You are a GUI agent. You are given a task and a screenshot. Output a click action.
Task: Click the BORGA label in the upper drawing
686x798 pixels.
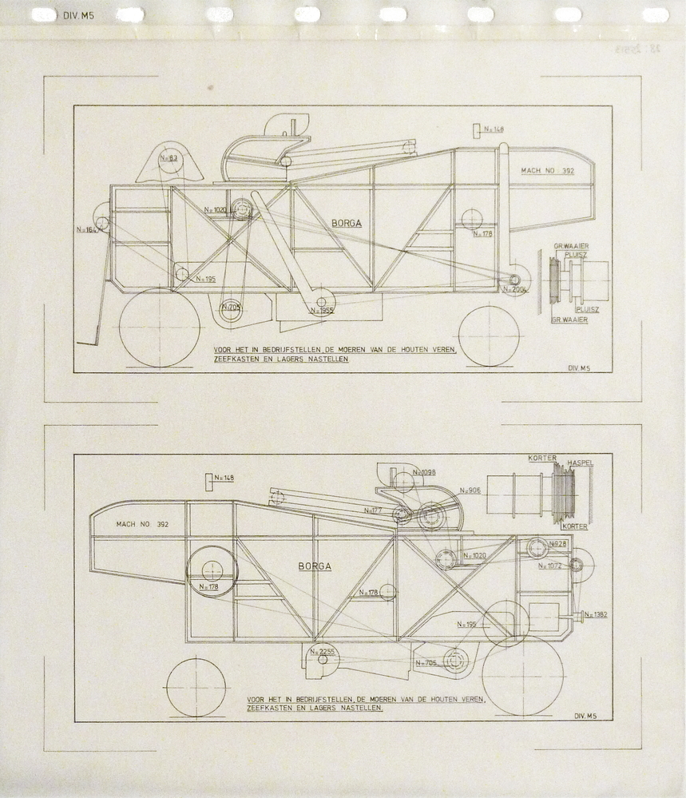(347, 224)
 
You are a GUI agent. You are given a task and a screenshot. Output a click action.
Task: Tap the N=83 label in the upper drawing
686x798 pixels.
(168, 158)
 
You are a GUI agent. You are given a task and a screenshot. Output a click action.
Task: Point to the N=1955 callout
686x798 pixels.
(320, 311)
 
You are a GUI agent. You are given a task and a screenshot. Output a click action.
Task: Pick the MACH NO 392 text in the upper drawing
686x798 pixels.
(547, 171)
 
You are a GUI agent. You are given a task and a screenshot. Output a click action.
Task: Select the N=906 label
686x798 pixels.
(470, 490)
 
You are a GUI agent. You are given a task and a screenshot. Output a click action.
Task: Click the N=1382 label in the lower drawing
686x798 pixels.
(596, 614)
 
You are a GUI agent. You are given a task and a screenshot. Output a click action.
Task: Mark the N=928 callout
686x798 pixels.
(557, 544)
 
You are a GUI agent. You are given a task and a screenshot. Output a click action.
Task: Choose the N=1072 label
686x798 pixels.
(550, 565)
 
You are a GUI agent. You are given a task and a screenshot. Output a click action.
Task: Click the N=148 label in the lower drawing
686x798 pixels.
(224, 478)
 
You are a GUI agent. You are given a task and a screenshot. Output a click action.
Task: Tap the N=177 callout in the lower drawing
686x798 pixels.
(372, 510)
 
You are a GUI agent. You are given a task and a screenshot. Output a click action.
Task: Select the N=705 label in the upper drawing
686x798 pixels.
(231, 307)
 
